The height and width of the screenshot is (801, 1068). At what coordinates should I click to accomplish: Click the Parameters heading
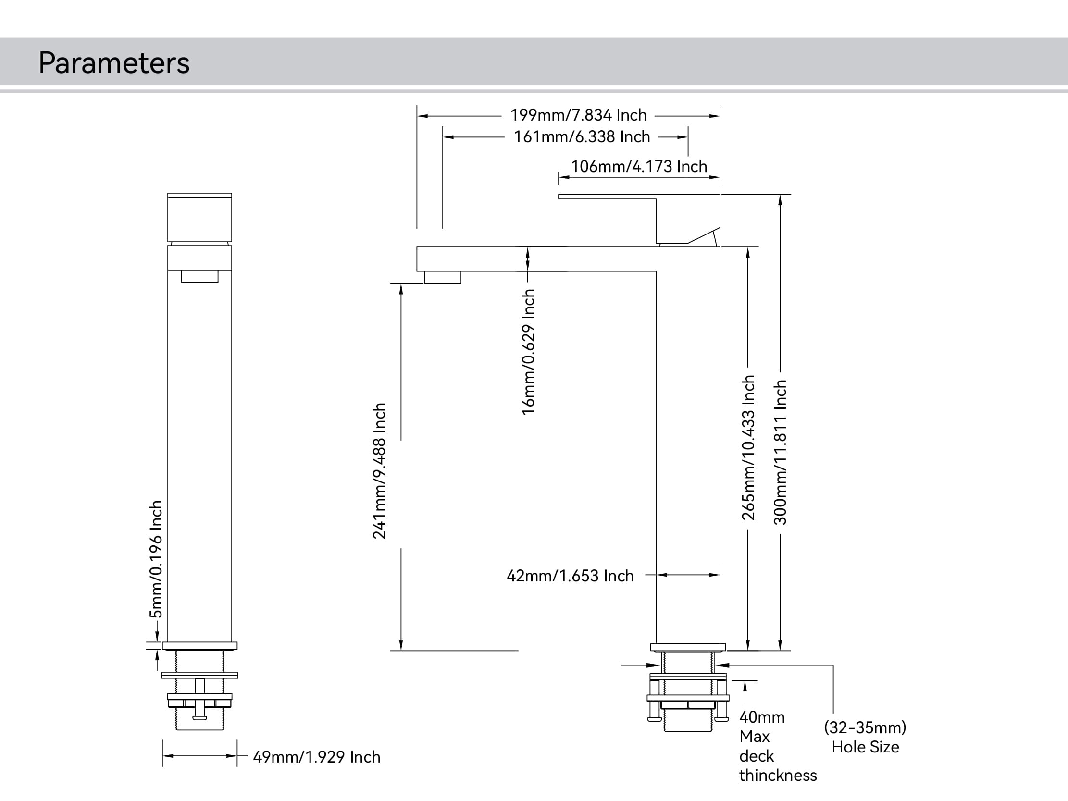[x=114, y=63]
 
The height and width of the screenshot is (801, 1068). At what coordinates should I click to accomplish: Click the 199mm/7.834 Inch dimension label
[x=578, y=115]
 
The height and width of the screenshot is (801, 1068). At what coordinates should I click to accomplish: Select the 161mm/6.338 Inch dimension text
[x=582, y=137]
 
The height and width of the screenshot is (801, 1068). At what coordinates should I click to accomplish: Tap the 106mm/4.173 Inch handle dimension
[x=639, y=167]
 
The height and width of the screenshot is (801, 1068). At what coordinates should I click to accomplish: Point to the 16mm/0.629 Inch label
[x=529, y=352]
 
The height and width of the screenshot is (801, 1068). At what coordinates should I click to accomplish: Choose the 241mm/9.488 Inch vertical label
[x=380, y=471]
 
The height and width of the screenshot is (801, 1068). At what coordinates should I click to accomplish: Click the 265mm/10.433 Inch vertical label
[x=748, y=447]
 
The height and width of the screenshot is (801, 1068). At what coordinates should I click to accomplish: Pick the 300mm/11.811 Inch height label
[x=781, y=453]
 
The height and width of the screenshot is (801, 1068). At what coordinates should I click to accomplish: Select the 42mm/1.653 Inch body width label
[x=570, y=576]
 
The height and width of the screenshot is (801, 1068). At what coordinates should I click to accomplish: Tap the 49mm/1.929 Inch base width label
[x=317, y=757]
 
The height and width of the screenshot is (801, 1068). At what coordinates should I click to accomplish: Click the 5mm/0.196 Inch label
[x=156, y=559]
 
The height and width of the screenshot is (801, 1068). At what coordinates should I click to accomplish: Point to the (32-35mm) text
[x=865, y=727]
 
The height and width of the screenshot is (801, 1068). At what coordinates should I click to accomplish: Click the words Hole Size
[x=865, y=747]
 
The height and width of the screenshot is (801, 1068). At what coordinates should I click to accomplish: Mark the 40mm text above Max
[x=762, y=717]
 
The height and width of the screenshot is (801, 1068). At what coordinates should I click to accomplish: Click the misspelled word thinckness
[x=778, y=776]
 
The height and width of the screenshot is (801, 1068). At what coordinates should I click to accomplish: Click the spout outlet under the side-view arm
[x=442, y=278]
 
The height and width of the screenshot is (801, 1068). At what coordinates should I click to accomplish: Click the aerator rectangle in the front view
[x=199, y=276]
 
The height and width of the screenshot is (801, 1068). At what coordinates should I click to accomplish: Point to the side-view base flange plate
[x=687, y=647]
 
